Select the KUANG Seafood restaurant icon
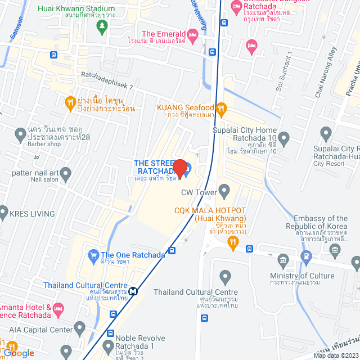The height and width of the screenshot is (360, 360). [222, 107]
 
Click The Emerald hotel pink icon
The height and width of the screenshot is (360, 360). [193, 35]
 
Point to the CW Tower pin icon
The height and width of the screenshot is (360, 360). [224, 192]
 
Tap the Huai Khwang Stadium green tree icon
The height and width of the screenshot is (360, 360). [102, 29]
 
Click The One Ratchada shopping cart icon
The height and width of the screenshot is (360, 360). [93, 255]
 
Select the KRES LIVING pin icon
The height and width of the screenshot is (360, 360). [5, 214]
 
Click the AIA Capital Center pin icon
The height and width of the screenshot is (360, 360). [79, 327]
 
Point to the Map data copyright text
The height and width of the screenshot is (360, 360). [336, 355]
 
